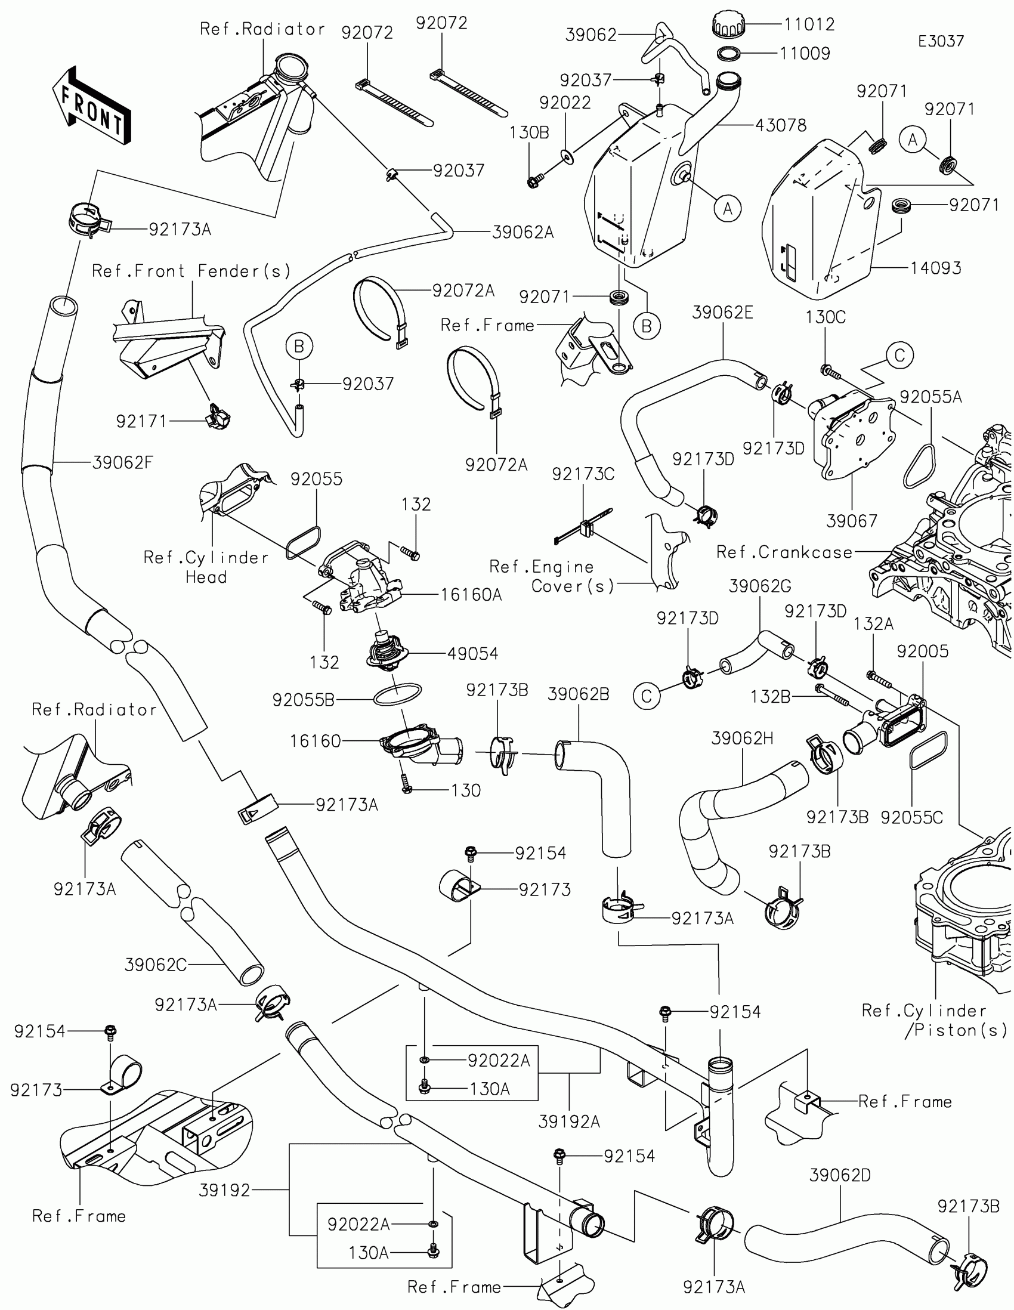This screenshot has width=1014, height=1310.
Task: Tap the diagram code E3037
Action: point(941,41)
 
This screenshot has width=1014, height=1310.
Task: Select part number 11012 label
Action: point(809,24)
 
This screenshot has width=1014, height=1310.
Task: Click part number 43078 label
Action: point(781,125)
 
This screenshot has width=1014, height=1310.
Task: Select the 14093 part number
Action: point(935,268)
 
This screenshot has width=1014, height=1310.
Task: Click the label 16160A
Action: point(471,594)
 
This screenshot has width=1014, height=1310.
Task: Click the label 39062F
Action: point(123,462)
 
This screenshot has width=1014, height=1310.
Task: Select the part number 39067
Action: point(852,521)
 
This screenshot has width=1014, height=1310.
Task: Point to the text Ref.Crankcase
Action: point(784,552)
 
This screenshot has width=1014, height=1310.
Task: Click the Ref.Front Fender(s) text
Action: point(191,271)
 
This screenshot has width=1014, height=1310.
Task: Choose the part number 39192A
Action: point(569,1121)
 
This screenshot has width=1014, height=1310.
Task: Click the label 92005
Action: point(923,651)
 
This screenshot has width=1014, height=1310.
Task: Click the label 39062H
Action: point(743,739)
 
